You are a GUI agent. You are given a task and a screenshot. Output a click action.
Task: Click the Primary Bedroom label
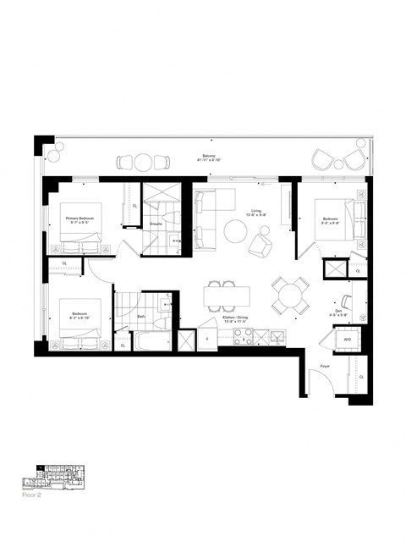(x=80, y=219)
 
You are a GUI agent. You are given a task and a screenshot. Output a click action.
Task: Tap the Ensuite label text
(x=156, y=224)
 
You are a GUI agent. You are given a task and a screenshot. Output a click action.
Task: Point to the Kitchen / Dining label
(x=232, y=319)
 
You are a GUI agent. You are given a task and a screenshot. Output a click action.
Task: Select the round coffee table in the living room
(x=234, y=231)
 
